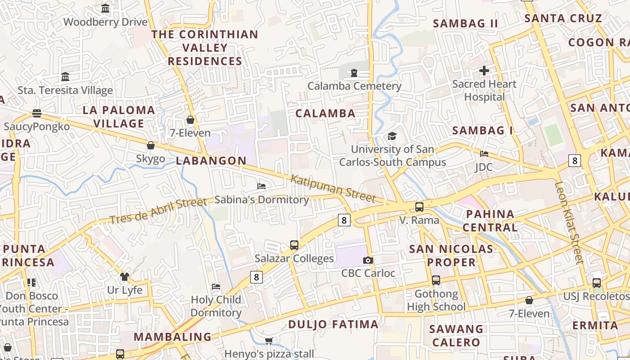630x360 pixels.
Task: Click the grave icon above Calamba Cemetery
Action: click(354, 72)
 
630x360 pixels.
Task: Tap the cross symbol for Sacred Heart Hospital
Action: click(484, 71)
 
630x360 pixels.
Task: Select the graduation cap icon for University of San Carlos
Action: click(392, 136)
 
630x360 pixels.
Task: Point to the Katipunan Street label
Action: click(333, 189)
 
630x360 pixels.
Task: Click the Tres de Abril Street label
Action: click(158, 211)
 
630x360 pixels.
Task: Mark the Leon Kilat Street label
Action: click(569, 222)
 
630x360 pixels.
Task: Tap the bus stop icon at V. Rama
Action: click(419, 207)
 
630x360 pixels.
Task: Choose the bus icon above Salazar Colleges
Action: click(294, 245)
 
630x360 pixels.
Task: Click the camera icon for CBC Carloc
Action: click(368, 260)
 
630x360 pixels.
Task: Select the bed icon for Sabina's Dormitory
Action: click(261, 186)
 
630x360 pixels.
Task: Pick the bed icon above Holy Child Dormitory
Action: click(216, 286)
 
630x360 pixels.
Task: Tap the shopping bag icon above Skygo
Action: click(151, 145)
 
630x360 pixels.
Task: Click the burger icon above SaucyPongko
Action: click(37, 113)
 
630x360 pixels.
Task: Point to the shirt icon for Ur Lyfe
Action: click(125, 277)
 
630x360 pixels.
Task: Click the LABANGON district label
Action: click(211, 161)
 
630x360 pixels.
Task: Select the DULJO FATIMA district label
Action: click(333, 324)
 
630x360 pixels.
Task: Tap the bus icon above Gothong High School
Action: click(436, 280)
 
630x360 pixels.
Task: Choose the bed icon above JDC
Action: click(484, 154)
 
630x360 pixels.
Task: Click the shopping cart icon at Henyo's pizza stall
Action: click(269, 341)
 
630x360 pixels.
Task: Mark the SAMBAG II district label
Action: click(465, 24)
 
